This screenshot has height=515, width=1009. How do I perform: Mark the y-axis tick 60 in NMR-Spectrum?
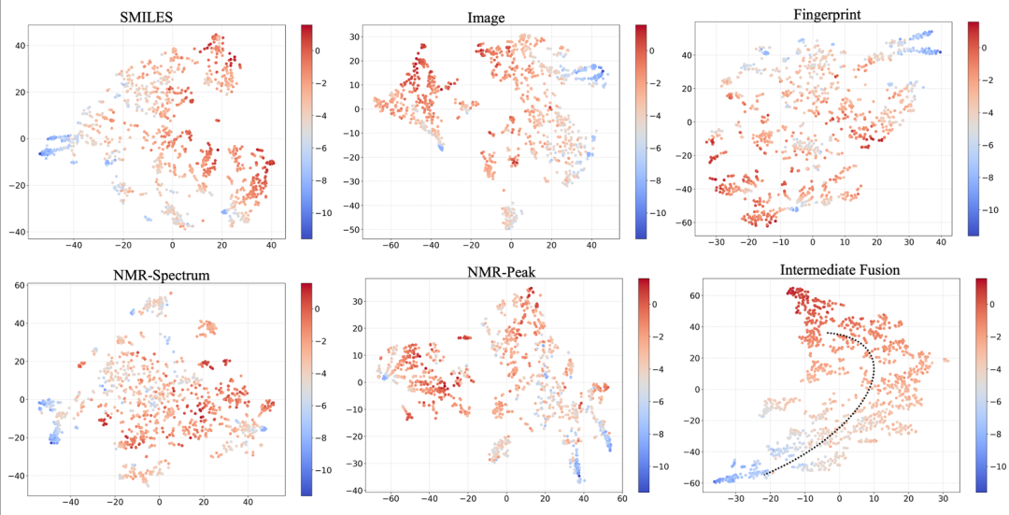[x=17, y=285]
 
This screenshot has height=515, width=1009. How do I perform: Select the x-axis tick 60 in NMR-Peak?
[x=622, y=500]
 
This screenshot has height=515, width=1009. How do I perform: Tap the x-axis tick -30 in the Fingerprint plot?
[x=717, y=241]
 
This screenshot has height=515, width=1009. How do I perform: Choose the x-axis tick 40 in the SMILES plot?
[x=270, y=245]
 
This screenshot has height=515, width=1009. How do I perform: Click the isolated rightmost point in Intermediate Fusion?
[x=945, y=360]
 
